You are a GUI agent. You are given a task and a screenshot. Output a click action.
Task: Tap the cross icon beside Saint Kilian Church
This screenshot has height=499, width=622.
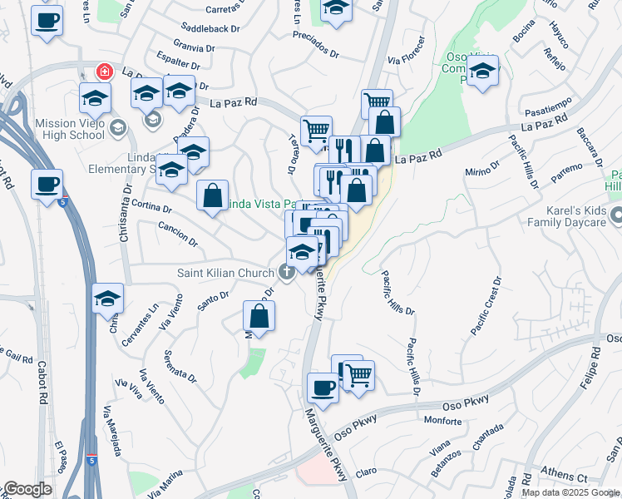click(x=287, y=271)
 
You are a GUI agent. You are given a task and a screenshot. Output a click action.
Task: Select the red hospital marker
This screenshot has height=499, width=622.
click(x=105, y=72)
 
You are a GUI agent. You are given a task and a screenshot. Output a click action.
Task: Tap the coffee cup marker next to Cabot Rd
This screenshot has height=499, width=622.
click(x=47, y=184)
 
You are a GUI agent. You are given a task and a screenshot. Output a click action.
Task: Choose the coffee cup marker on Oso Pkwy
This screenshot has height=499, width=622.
click(x=323, y=386)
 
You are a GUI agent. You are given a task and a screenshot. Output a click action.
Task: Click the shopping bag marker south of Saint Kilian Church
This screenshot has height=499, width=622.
click(x=259, y=316)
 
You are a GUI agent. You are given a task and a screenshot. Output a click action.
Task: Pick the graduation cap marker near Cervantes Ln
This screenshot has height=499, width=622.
click(x=108, y=299)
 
